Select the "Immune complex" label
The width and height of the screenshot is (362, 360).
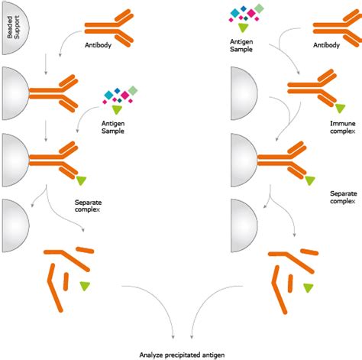click(341, 128)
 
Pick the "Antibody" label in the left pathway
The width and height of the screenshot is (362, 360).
click(100, 46)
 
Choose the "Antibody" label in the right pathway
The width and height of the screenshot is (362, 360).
click(329, 46)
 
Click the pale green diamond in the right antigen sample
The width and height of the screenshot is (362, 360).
click(259, 8)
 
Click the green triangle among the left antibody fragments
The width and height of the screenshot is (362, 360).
click(83, 286)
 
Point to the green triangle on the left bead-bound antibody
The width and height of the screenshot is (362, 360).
click(82, 180)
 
